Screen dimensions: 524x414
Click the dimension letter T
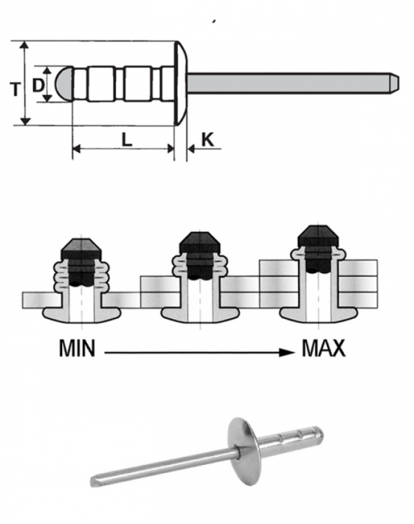[14, 88]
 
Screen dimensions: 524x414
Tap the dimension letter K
[207, 139]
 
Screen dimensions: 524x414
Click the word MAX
[323, 349]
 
